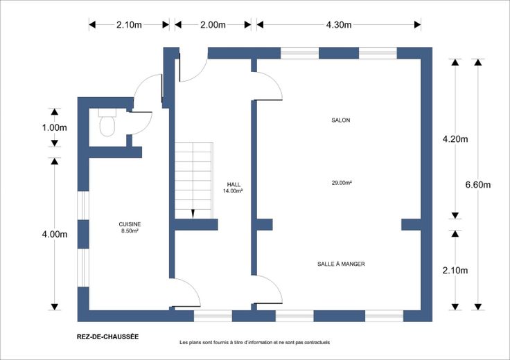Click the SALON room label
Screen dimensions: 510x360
pos(340,120)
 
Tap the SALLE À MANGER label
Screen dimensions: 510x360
pos(341,264)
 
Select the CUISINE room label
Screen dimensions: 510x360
pos(130,224)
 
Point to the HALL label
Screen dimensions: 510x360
pos(234,185)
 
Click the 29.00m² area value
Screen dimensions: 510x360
pos(342,183)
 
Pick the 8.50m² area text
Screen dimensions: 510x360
pos(130,231)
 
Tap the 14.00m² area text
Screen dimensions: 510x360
pos(233,191)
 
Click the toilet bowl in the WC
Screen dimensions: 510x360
pos(107,126)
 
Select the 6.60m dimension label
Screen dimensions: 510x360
pos(478,185)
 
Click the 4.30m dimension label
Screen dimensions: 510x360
pos(339,25)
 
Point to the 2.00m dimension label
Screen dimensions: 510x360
pos(213,25)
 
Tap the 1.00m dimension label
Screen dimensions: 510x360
pos(54,127)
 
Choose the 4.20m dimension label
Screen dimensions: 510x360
pos(455,139)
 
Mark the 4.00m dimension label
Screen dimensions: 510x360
pos(54,234)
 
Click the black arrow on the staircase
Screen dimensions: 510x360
pos(193,214)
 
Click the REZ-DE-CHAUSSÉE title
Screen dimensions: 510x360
pos(107,336)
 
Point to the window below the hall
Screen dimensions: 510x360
pos(213,316)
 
